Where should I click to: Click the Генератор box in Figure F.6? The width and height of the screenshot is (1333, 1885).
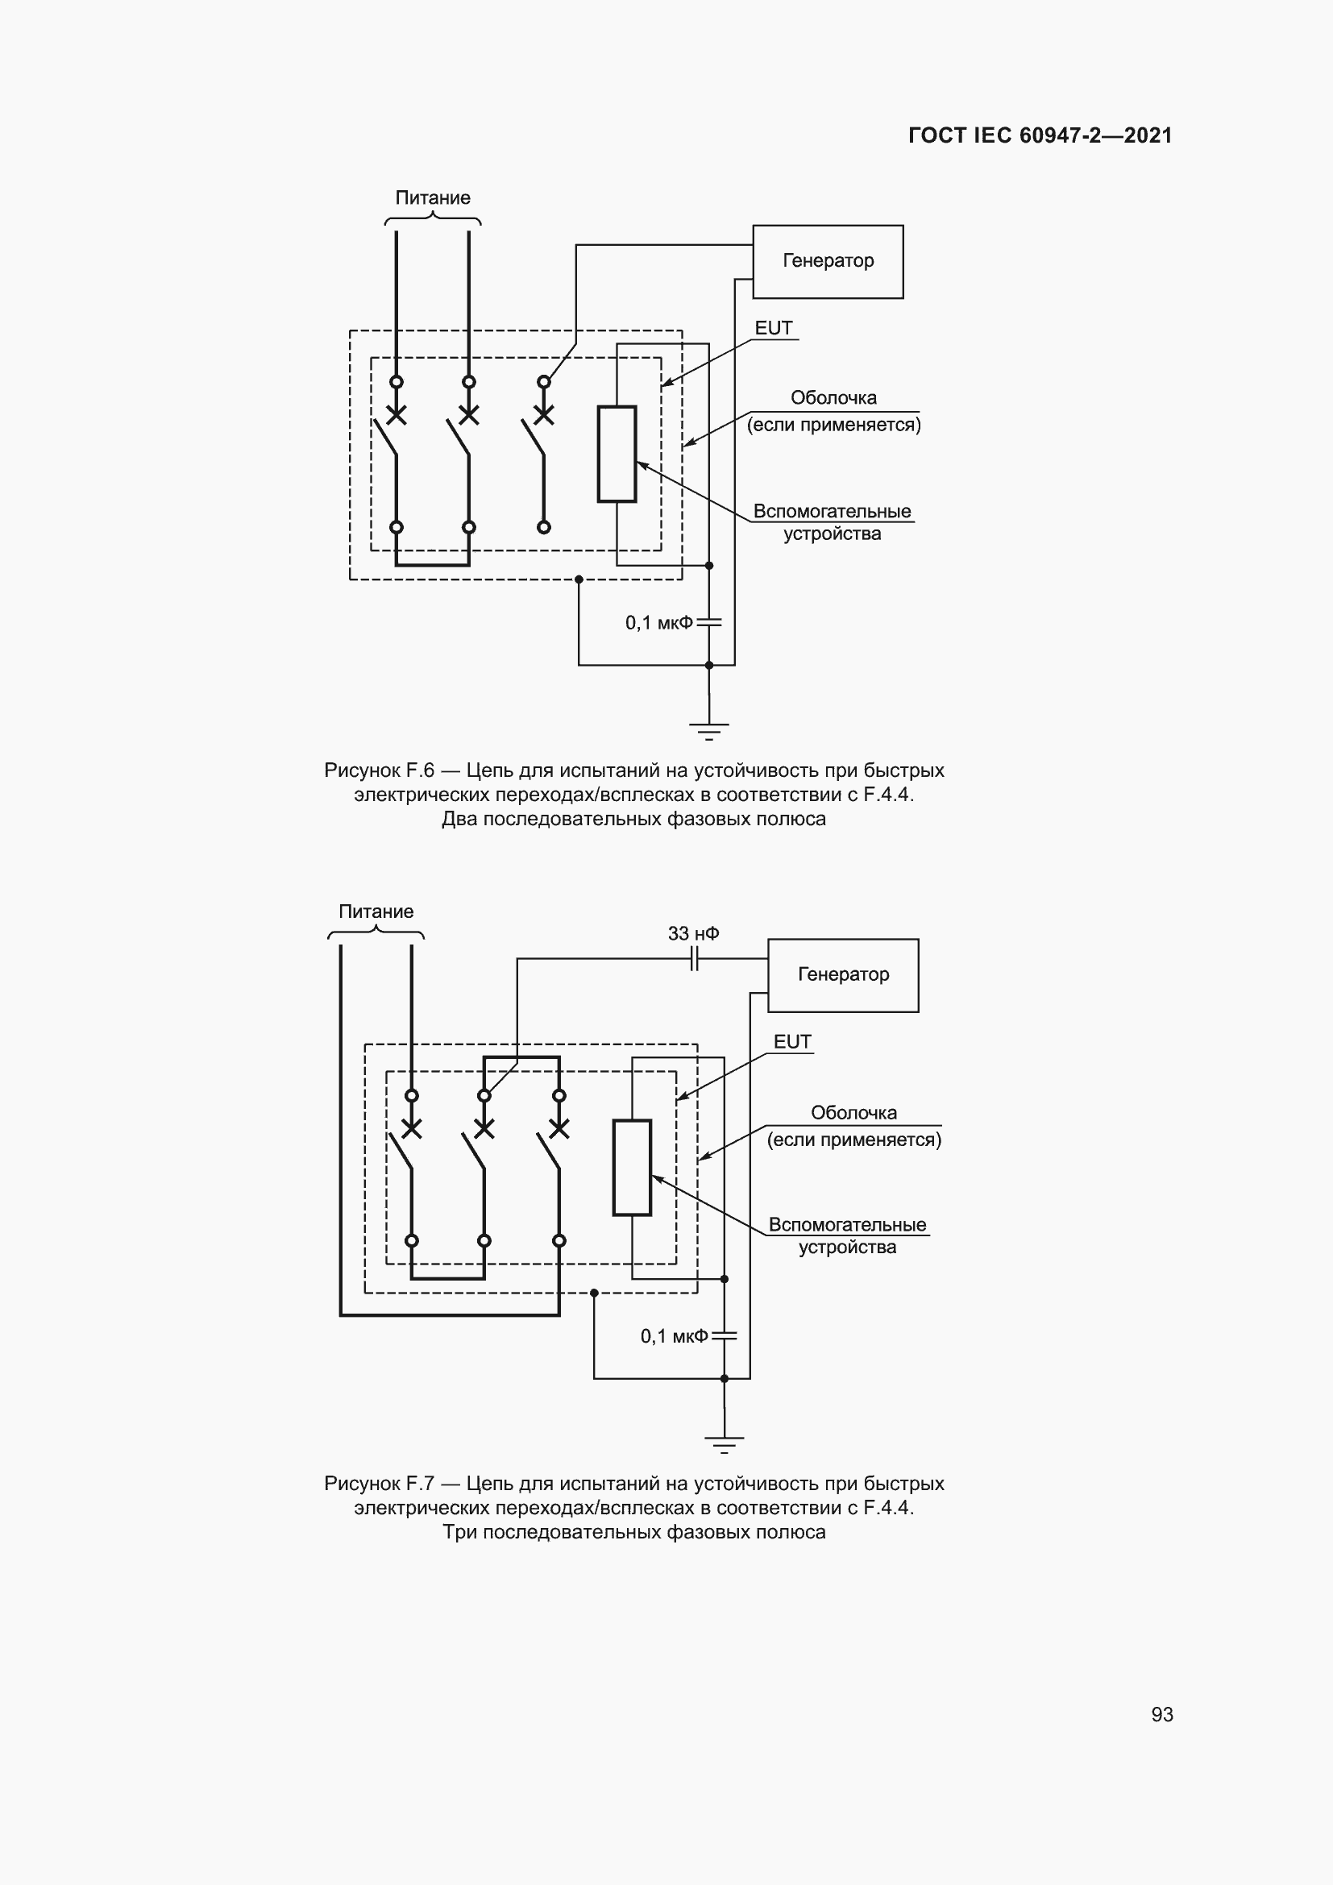(x=828, y=261)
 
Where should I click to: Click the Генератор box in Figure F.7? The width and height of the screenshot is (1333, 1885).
(x=843, y=974)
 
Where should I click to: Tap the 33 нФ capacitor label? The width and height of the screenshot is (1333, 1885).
(x=693, y=933)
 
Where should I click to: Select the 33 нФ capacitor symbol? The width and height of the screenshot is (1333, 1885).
(x=695, y=958)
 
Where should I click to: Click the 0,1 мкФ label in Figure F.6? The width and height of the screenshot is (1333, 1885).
(x=658, y=623)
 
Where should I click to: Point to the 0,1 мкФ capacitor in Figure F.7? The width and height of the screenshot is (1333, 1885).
(x=724, y=1335)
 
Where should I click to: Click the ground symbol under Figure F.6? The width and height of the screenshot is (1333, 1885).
(x=709, y=729)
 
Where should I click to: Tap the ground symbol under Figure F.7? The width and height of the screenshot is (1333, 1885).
(x=724, y=1443)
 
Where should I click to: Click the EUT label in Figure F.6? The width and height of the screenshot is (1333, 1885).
(x=773, y=328)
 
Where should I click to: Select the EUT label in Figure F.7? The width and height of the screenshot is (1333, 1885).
(x=792, y=1042)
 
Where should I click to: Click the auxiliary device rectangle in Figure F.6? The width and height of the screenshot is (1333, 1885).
(x=617, y=453)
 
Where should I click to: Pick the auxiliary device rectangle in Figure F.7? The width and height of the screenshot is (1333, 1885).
(x=632, y=1167)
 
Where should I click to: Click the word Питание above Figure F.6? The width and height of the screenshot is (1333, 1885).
(x=433, y=198)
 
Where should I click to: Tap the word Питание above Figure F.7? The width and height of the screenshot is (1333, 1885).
(x=376, y=911)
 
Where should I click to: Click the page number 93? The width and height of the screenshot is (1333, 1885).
(x=1161, y=1714)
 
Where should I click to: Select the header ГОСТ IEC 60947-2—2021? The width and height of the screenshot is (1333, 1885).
(x=1040, y=135)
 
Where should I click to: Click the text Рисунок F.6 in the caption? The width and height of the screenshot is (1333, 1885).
(x=379, y=770)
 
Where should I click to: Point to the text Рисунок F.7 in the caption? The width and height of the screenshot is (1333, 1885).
(x=379, y=1484)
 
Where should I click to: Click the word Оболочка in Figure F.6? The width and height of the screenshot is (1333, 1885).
(x=833, y=398)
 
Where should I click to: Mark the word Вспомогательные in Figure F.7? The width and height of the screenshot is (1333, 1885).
(x=847, y=1225)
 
